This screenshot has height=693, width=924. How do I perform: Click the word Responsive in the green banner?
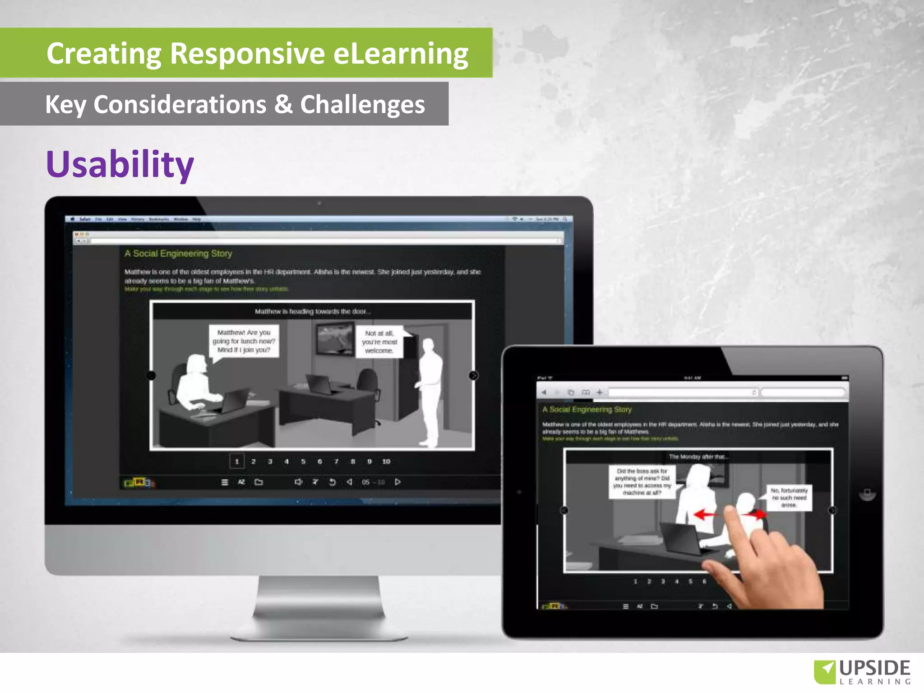click(x=247, y=54)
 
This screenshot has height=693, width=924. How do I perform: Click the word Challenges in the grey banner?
click(x=362, y=105)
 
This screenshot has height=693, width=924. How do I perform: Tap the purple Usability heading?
click(x=120, y=164)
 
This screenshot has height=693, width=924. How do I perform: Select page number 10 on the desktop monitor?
click(x=386, y=462)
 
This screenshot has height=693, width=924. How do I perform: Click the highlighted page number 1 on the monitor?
click(x=237, y=462)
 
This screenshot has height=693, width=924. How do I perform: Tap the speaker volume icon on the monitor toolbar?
click(x=298, y=482)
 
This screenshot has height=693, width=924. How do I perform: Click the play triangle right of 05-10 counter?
click(x=397, y=482)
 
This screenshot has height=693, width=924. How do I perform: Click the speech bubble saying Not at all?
click(x=379, y=342)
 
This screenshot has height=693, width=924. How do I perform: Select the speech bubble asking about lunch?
click(x=244, y=341)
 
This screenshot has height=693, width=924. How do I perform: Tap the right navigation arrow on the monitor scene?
click(x=473, y=375)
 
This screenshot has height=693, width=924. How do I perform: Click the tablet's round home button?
click(x=867, y=492)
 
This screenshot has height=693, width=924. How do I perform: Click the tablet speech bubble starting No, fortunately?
click(x=789, y=498)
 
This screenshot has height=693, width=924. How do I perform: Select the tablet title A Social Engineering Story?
click(x=587, y=410)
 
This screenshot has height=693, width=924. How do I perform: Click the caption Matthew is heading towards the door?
click(x=312, y=311)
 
